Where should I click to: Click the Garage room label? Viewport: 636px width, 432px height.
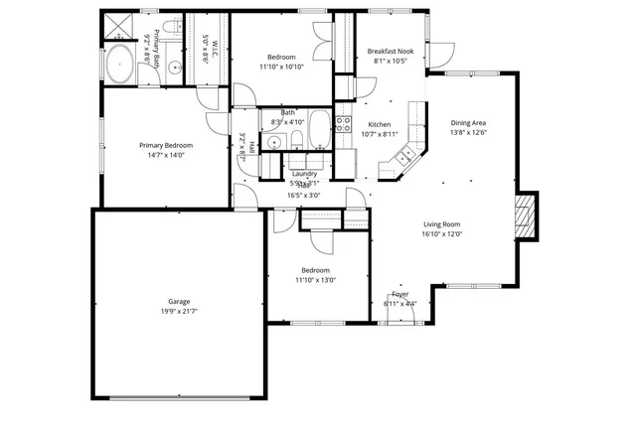tap(179, 301)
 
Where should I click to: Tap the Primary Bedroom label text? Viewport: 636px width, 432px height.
tap(165, 145)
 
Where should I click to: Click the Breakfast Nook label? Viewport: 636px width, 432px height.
tap(390, 51)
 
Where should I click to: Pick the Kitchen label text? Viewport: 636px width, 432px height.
tap(366, 124)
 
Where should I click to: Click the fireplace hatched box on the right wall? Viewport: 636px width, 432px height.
tap(526, 217)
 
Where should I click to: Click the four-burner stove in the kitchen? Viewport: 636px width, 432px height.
tap(343, 124)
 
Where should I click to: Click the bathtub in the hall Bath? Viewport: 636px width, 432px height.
tap(320, 129)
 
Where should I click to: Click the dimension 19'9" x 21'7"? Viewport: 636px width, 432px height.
tap(179, 312)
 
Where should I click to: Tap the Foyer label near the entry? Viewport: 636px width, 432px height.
tap(400, 295)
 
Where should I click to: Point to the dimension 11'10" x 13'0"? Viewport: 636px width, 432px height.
tap(316, 280)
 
